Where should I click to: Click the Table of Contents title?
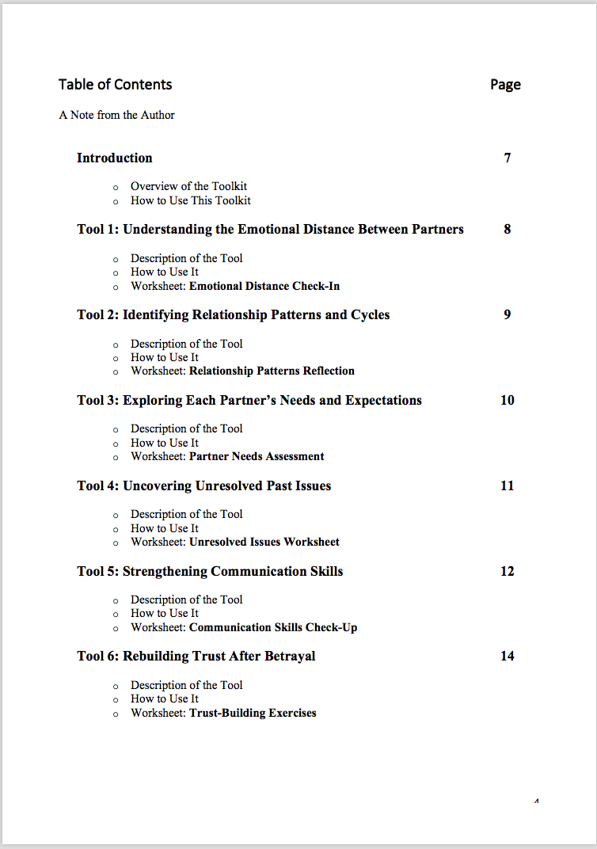(115, 85)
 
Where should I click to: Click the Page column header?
(505, 85)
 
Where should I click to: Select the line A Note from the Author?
(116, 115)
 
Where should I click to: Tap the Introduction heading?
(114, 158)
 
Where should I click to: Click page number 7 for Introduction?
(508, 158)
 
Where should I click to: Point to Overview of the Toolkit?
(188, 186)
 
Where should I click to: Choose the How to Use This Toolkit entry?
(190, 200)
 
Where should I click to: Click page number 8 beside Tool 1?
(508, 229)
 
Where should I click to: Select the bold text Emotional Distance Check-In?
(264, 286)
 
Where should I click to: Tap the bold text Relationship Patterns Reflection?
(272, 371)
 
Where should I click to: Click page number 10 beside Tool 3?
(508, 400)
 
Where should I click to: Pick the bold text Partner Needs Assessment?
(257, 456)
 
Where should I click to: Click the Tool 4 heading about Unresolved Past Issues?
(203, 485)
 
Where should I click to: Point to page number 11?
(508, 485)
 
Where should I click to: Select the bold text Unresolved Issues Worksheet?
(264, 542)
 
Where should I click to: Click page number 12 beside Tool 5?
(508, 571)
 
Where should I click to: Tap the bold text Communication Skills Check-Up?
(273, 627)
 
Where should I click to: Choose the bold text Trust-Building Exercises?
(253, 713)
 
